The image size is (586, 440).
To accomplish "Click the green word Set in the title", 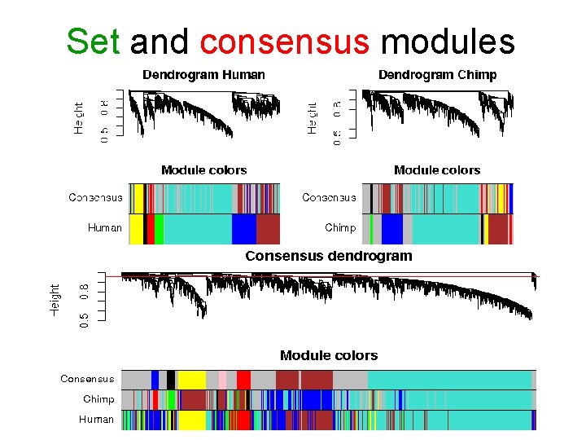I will tap(94, 41).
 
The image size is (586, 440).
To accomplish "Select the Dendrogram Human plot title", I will tap(203, 75).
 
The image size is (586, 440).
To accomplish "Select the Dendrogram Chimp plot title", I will tap(437, 75).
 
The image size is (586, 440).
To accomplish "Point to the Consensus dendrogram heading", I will tap(329, 256).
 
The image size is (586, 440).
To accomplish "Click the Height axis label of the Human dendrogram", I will tap(79, 118).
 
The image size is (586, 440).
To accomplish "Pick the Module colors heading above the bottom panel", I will tap(329, 355).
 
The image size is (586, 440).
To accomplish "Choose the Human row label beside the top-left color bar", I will tap(105, 228).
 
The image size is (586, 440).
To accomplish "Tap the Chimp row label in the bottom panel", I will tap(98, 399).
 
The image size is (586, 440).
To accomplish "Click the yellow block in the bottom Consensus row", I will tap(191, 380).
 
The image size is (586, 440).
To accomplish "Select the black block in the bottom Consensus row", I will tap(171, 380).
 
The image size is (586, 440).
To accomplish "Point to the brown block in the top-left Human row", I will tap(268, 229).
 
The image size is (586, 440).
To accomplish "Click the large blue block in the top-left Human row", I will tap(243, 229).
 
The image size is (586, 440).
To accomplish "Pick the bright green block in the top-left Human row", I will tap(159, 229).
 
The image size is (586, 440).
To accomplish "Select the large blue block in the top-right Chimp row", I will tap(392, 229).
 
